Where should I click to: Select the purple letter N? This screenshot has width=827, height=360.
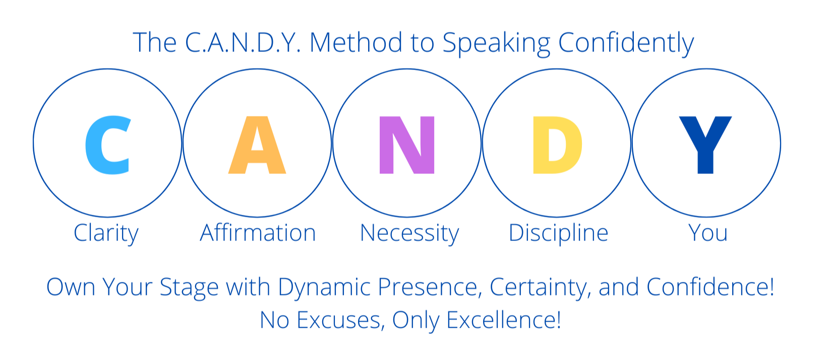pyautogui.click(x=407, y=145)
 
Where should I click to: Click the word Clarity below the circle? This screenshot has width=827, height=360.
pyautogui.click(x=106, y=233)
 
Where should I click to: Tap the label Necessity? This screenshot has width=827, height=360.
pyautogui.click(x=409, y=233)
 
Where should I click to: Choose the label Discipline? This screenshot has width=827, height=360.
pyautogui.click(x=558, y=233)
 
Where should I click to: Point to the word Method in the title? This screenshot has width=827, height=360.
pyautogui.click(x=356, y=42)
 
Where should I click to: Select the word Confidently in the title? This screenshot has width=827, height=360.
pyautogui.click(x=626, y=44)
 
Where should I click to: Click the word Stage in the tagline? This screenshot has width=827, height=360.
pyautogui.click(x=189, y=288)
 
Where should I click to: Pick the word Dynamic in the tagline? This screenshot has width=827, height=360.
pyautogui.click(x=324, y=288)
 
